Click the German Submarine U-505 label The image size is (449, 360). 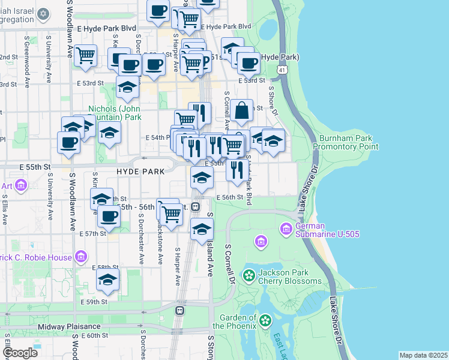point(328,229)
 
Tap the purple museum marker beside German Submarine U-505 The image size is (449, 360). point(286,229)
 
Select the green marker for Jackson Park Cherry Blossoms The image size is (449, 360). point(249,276)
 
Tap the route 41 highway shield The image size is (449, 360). point(282,70)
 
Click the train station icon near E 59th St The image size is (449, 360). point(179,311)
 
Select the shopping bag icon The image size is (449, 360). point(241,111)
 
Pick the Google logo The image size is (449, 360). point(20,353)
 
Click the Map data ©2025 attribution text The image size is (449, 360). point(423,355)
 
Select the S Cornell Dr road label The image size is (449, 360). point(229,264)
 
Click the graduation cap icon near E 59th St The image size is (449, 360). point(108,280)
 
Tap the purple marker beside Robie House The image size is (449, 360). point(81,257)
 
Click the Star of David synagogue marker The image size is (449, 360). point(43,13)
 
